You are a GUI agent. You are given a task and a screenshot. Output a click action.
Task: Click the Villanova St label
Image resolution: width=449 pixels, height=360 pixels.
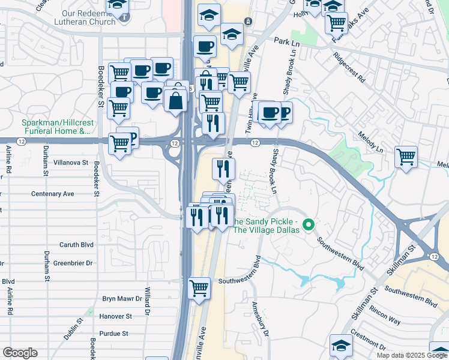(x=71, y=163)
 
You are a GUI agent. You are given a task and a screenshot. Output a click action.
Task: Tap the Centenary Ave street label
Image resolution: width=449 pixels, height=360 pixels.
(x=52, y=194)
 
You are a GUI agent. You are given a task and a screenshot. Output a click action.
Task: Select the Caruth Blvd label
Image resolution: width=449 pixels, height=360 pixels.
(x=76, y=245)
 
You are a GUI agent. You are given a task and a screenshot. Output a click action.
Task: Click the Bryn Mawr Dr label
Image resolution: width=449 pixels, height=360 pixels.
(x=121, y=298)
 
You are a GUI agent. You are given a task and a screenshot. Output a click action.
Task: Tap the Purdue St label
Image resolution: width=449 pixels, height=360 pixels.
(x=113, y=334)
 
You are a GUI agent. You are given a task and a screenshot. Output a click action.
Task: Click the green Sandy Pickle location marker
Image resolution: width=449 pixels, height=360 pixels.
(x=309, y=225)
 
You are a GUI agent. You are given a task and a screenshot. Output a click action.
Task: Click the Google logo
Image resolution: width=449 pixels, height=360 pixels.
(x=20, y=353)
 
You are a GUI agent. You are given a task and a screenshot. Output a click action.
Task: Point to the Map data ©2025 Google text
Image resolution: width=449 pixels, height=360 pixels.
(x=411, y=355)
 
